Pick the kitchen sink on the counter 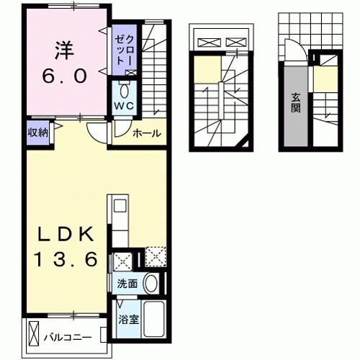(x=120, y=210)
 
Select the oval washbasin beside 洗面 (x=151, y=284)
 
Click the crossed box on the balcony (x=36, y=333)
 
